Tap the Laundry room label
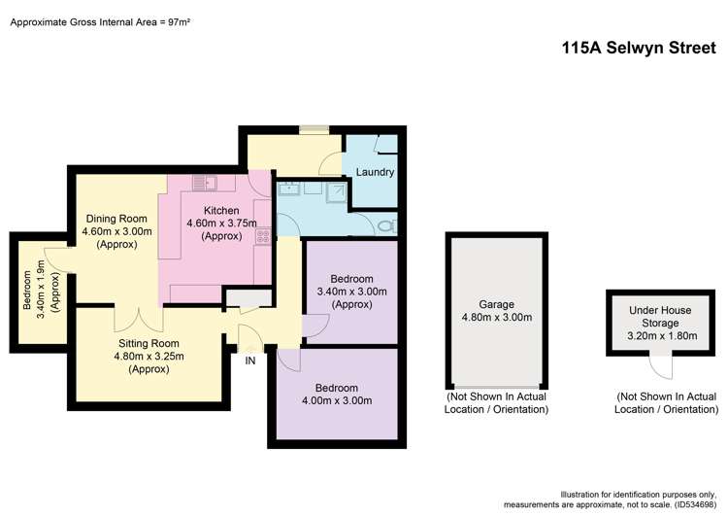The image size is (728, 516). (x=375, y=173)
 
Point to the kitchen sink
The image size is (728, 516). (x=205, y=182)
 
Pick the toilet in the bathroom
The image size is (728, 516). (x=386, y=225)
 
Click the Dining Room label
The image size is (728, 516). (x=115, y=219)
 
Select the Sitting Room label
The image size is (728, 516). (x=149, y=344)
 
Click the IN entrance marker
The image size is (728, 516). (x=250, y=361)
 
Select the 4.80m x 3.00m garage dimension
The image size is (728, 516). (x=495, y=317)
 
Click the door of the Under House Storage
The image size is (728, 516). (x=661, y=367)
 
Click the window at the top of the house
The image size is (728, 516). (x=314, y=127)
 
